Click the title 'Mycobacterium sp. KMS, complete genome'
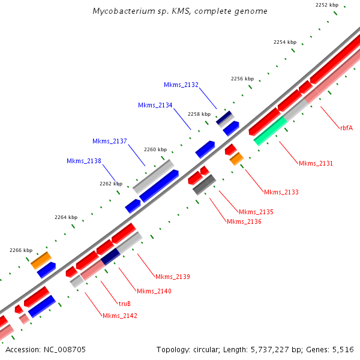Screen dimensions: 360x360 [x=180, y=11]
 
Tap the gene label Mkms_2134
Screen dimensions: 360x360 [x=155, y=105]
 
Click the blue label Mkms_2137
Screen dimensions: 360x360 [x=110, y=141]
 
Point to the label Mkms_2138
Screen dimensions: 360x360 [x=84, y=161]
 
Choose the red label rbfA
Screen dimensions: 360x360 [x=346, y=127]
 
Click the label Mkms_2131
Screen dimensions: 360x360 [x=316, y=163]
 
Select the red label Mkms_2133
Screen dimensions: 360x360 [x=281, y=192]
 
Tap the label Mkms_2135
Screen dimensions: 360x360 [x=256, y=212]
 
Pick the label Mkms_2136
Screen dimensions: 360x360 [x=244, y=221]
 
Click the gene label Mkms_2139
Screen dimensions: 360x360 [x=173, y=277]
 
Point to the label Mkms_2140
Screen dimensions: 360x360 [x=154, y=291]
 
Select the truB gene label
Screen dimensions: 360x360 [x=125, y=304]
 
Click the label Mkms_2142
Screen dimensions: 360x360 [x=120, y=316]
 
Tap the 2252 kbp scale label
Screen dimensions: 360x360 [x=327, y=5]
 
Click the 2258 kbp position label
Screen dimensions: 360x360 [x=199, y=114]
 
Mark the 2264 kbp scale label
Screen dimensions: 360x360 [x=66, y=217]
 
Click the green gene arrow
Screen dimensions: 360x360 [x=271, y=131]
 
